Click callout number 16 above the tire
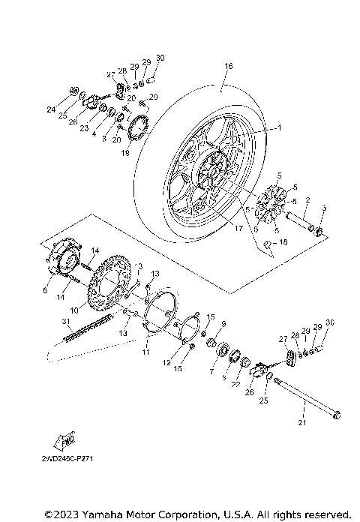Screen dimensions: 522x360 [228, 66]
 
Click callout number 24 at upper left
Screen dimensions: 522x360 [51, 109]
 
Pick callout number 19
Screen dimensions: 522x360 [126, 151]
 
